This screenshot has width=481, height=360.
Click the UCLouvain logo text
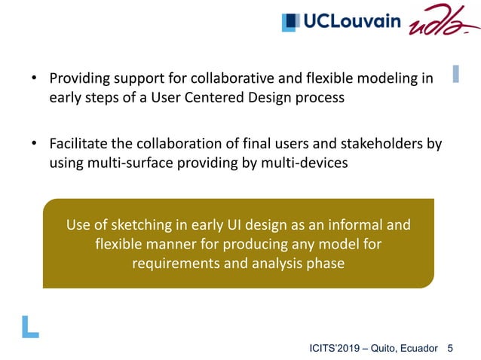pyautogui.click(x=352, y=22)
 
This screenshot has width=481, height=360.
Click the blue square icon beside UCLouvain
pyautogui.click(x=290, y=23)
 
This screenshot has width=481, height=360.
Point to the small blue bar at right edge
pyautogui.click(x=455, y=74)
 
